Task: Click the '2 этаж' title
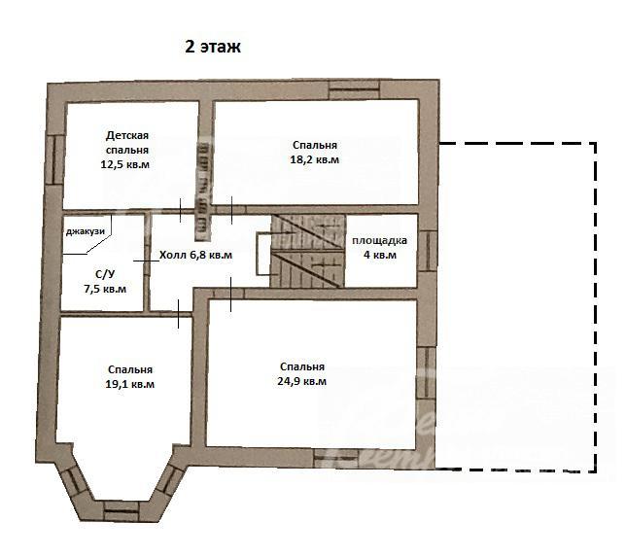point(213,47)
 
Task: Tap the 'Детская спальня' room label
point(127,143)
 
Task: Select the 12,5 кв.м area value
point(125,164)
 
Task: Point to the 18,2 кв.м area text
point(315,159)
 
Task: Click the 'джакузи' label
point(85,231)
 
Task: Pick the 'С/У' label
point(105,274)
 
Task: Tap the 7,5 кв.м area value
point(105,289)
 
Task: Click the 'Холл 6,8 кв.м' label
point(195,255)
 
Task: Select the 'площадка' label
point(380,241)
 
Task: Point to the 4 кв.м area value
point(380,255)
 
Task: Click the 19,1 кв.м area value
point(129,385)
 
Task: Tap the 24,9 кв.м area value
point(301,381)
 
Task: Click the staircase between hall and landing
point(308,251)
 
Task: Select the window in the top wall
point(354,89)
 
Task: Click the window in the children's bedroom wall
point(55,160)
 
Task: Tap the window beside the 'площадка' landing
point(428,252)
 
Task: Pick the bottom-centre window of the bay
point(121,511)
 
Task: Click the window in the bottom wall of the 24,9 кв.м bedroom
point(335,459)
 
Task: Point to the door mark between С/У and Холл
point(146,261)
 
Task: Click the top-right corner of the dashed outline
point(596,143)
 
